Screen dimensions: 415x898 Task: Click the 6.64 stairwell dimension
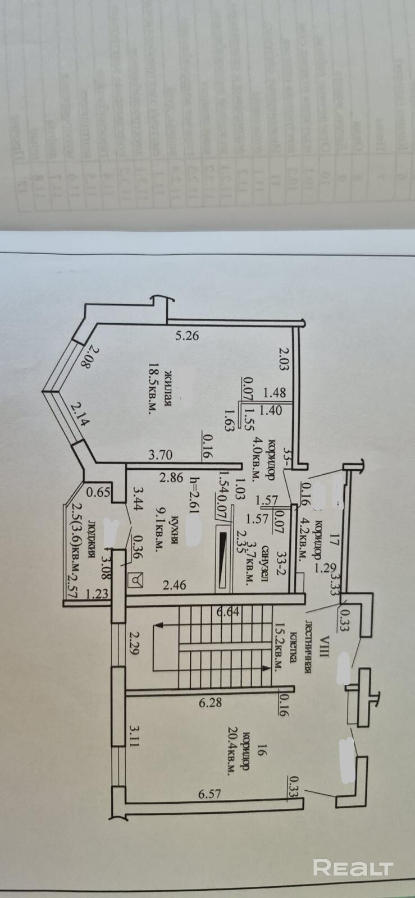coord(228,611)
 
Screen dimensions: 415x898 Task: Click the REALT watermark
coord(352,867)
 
